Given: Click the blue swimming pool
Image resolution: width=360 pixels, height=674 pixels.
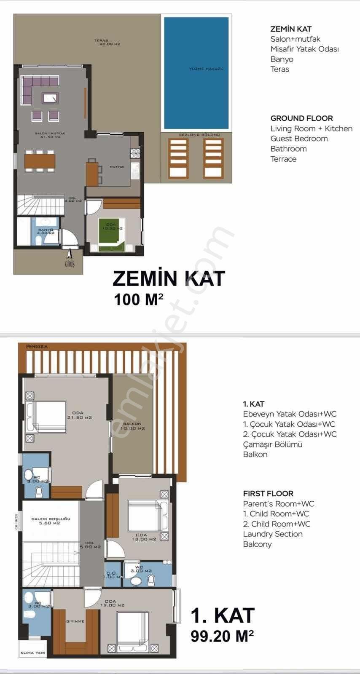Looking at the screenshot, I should click(x=196, y=72).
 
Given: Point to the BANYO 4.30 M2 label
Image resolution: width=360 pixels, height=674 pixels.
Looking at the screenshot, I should click(x=46, y=231).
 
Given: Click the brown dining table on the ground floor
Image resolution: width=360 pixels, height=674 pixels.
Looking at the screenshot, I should click(x=40, y=160).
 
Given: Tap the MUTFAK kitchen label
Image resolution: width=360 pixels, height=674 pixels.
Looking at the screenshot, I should click(x=117, y=167).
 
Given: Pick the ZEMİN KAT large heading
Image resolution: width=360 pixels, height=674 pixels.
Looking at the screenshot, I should click(x=169, y=279).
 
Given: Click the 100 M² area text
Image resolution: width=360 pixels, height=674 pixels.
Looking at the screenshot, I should click(x=138, y=300).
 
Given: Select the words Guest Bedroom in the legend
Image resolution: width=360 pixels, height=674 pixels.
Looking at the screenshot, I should click(x=299, y=139).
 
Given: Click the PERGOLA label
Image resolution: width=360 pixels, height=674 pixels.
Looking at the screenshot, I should click(x=37, y=346).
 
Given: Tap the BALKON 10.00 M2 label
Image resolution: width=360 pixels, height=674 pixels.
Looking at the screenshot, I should click(x=132, y=426).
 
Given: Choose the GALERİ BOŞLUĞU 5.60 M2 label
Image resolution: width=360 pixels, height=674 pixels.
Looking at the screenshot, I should click(x=51, y=521).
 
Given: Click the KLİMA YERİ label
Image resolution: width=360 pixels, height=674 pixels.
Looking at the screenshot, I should click(x=33, y=653).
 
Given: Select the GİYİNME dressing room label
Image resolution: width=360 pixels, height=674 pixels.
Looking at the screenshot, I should click(x=75, y=621).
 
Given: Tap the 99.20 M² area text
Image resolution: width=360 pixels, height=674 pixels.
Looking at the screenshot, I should click(x=222, y=636).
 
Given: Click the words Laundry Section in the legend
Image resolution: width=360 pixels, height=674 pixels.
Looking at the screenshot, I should click(x=272, y=534).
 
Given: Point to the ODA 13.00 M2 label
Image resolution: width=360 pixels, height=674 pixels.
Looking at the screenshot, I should click(x=144, y=537).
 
